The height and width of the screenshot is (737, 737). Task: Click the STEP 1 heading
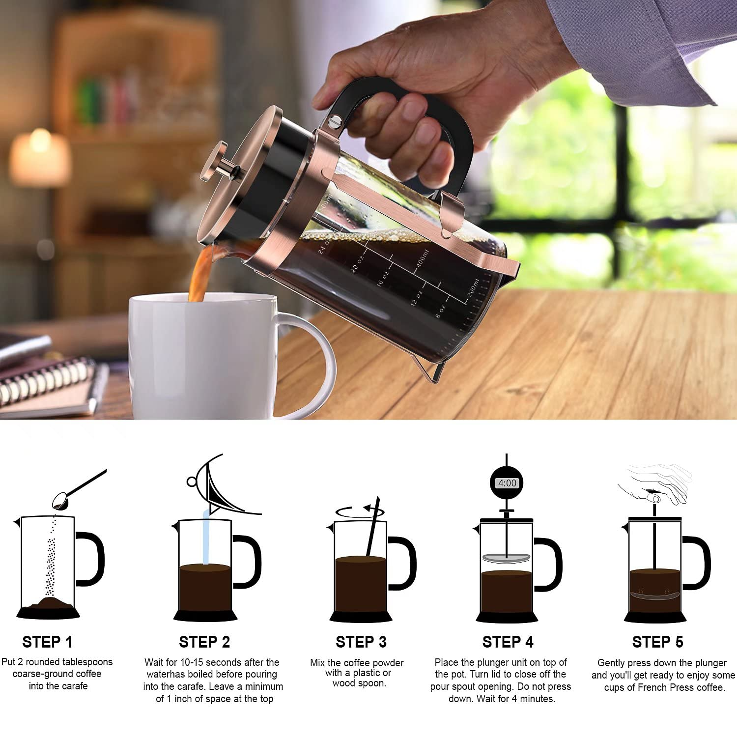pos(47,642)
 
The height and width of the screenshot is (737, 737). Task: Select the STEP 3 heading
pos(361,642)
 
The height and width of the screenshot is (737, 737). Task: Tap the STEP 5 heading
pos(657,642)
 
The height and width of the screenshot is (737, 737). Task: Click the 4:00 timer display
pos(507,483)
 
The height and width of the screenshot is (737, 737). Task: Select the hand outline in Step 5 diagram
pos(656,484)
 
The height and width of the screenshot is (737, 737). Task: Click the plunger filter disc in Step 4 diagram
pos(506,558)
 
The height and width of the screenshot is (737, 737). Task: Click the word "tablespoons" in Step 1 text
pos(87,662)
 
